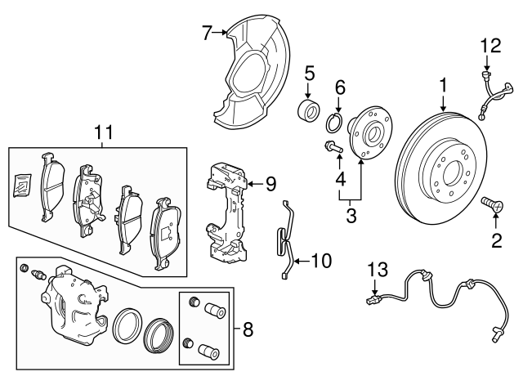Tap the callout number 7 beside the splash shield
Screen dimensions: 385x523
[x=207, y=33]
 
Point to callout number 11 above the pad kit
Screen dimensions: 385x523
[x=102, y=132]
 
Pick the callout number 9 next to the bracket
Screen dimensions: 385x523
[x=271, y=183]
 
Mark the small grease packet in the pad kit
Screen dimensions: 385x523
[x=23, y=185]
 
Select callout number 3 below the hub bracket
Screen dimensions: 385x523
[x=352, y=216]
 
